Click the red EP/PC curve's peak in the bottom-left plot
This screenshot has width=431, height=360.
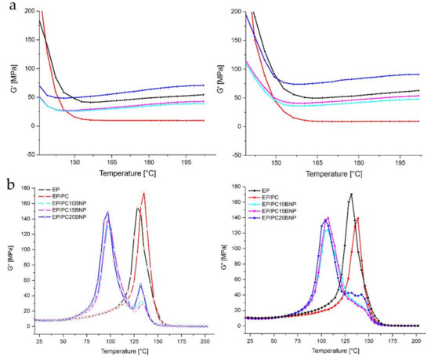pyautogui.click(x=143, y=193)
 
